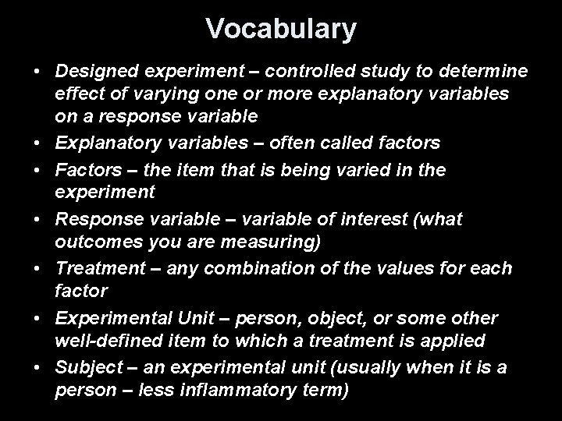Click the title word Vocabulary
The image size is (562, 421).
[x=281, y=29]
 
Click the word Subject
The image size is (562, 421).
[x=84, y=366]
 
